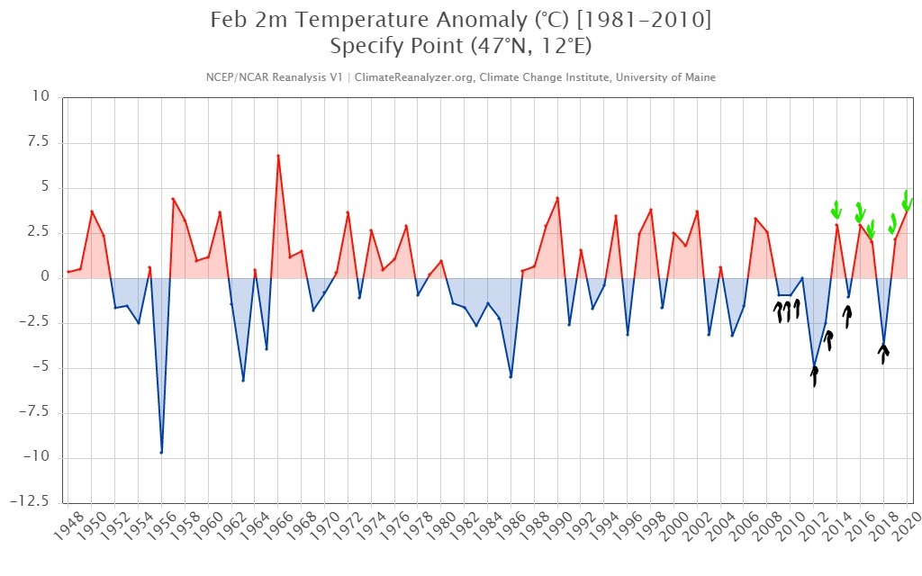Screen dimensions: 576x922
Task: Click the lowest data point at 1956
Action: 161,452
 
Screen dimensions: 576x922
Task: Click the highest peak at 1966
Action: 277,156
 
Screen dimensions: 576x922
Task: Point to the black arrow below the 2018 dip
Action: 884,354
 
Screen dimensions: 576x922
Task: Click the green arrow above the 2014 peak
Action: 836,210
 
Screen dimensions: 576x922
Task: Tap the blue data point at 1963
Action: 243,380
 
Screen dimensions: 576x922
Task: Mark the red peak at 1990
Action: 557,198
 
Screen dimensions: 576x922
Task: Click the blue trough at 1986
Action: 511,376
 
